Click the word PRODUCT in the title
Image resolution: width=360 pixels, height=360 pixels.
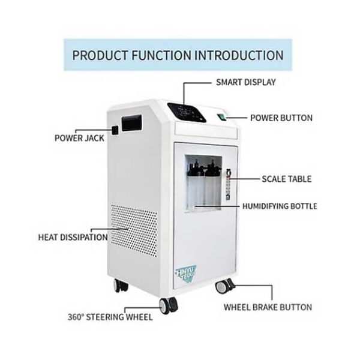point(100,55)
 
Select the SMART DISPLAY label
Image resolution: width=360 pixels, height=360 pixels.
point(246,82)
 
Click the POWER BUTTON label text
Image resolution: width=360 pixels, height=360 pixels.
point(281,118)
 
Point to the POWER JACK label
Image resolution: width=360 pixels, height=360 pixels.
point(79,138)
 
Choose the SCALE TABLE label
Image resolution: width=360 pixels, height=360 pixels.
point(287,179)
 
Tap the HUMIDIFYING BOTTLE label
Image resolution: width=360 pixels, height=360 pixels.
point(280,206)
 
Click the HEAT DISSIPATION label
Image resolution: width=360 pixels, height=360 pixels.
point(73,237)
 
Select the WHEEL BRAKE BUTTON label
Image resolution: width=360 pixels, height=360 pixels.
point(268,307)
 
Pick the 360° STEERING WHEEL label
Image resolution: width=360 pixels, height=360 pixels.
point(110,317)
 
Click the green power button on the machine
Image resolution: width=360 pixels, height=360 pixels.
point(221,117)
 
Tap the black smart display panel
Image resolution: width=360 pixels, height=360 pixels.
point(187,112)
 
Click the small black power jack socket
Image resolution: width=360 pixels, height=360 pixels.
point(115,130)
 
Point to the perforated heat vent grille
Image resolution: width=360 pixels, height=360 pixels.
point(134,230)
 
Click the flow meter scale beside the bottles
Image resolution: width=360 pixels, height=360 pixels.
point(228,185)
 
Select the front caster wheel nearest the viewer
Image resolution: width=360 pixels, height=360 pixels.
point(169,305)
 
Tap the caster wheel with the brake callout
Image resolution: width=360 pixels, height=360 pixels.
point(225,286)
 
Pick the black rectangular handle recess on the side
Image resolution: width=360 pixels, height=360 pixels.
point(131,123)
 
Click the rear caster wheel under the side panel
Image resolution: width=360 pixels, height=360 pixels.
point(121,286)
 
